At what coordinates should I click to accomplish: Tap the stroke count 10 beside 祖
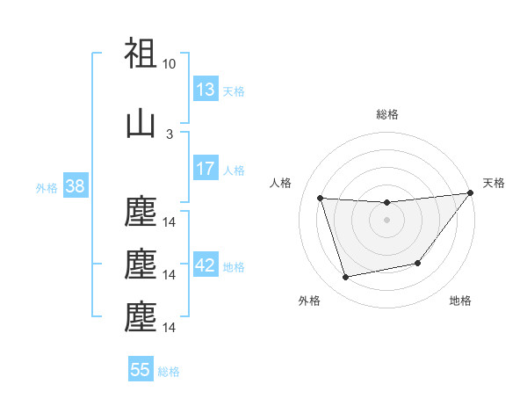[x=170, y=64]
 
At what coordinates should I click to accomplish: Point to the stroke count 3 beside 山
[x=170, y=134]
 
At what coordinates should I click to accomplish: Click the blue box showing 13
[x=205, y=90]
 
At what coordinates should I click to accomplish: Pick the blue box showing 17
[x=205, y=169]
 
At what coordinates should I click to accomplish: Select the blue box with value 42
[x=205, y=265]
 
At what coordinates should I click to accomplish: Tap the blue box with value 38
[x=75, y=186]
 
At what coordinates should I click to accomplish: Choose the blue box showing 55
[x=141, y=370]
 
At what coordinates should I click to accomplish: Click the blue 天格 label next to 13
[x=233, y=91]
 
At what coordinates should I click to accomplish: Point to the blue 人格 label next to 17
[x=233, y=170]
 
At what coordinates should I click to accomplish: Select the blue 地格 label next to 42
[x=233, y=266]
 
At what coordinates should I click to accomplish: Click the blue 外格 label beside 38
[x=47, y=187]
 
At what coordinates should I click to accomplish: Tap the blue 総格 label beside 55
[x=169, y=371]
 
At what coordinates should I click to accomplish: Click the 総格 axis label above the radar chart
[x=386, y=114]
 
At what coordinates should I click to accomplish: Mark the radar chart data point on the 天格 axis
[x=470, y=193]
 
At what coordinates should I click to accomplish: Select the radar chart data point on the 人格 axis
[x=320, y=198]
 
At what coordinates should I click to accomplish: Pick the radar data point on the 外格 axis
[x=345, y=278]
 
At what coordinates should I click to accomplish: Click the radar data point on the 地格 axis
[x=418, y=263]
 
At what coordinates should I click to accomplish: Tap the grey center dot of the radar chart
[x=386, y=220]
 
